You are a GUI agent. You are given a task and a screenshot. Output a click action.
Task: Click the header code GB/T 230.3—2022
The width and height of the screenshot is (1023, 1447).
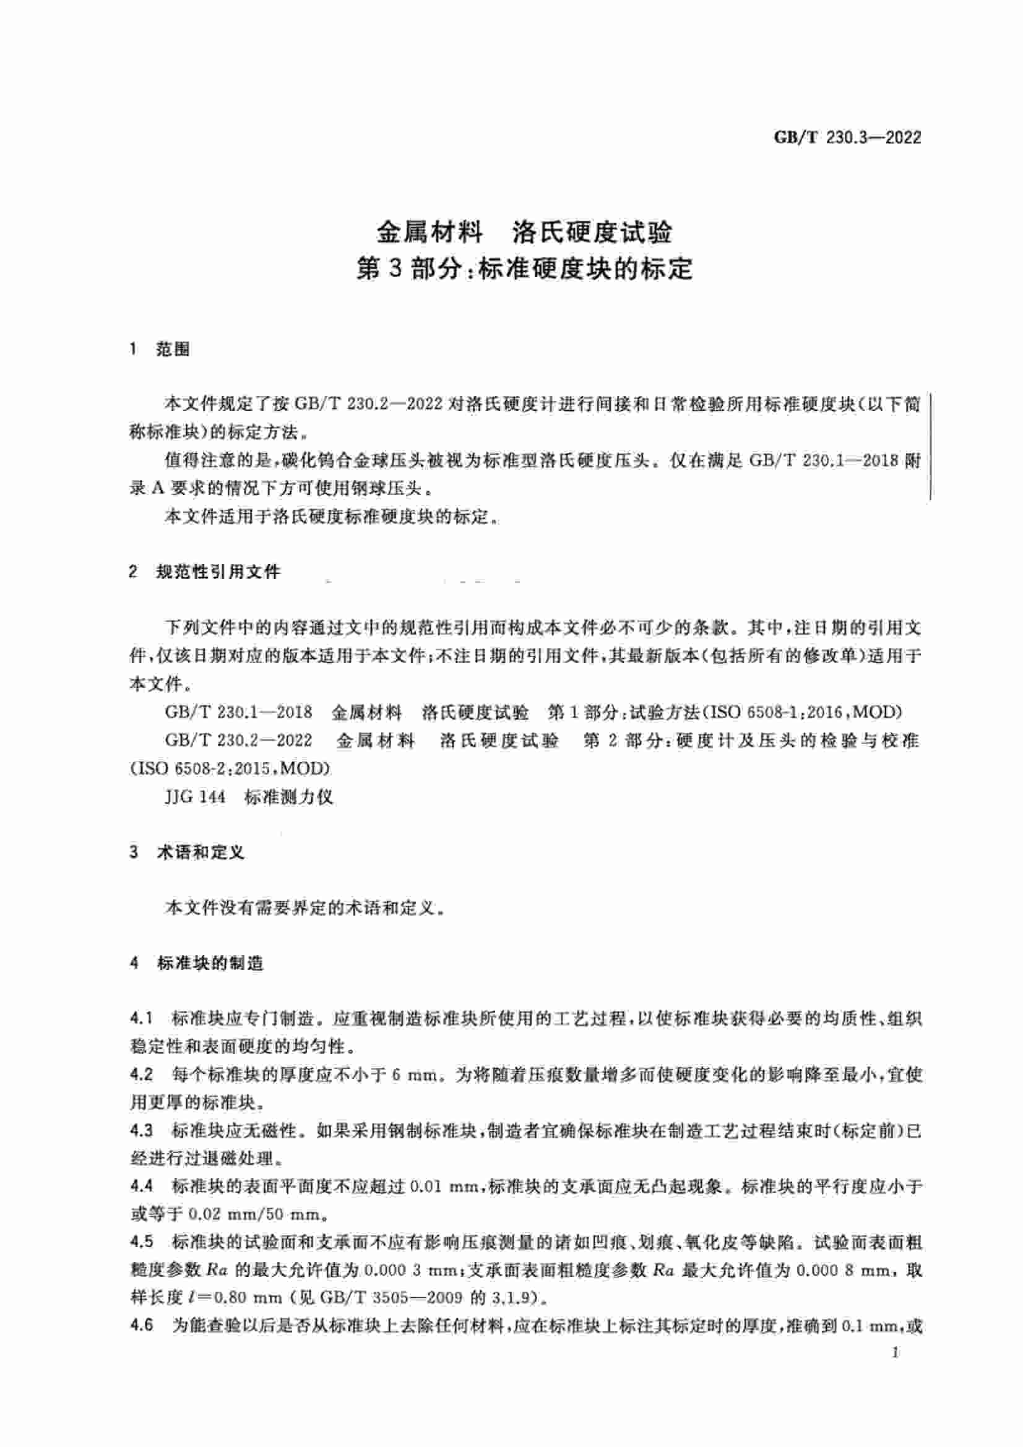click(x=847, y=137)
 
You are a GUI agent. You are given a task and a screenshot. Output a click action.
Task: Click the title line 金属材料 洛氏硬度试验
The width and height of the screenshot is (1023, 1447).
click(x=524, y=233)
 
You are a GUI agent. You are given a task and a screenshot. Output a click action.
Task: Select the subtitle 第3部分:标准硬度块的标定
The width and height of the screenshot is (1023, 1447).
click(x=524, y=269)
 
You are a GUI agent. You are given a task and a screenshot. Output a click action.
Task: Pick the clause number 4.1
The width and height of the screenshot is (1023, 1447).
click(x=141, y=1018)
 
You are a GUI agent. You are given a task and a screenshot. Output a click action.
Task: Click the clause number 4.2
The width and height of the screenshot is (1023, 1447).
click(x=141, y=1075)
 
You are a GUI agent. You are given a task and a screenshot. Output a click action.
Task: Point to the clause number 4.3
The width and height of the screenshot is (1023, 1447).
click(x=141, y=1131)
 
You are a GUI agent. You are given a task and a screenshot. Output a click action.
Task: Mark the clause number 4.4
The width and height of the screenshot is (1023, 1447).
click(x=141, y=1187)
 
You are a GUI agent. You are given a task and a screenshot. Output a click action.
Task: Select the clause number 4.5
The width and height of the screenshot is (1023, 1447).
click(x=141, y=1242)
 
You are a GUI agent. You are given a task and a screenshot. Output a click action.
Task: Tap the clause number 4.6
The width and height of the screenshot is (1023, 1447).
click(x=141, y=1325)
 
